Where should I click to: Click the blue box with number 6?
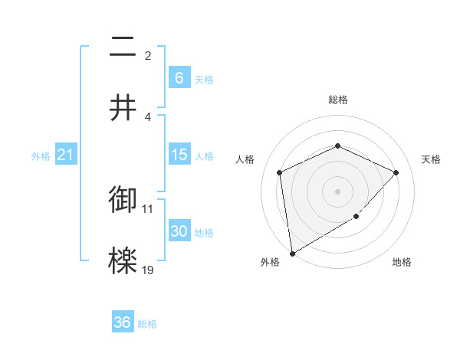point(179,78)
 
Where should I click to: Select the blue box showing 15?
point(179,155)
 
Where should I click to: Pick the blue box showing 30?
point(179,231)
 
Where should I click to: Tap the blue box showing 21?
point(65,155)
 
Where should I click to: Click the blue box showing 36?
point(122,322)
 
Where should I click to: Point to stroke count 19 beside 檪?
point(148,270)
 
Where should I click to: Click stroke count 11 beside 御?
point(148,208)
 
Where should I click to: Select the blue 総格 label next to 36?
point(147,324)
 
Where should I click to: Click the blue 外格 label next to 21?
point(41,155)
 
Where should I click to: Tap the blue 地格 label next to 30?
point(204,232)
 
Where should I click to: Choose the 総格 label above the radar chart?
point(337,100)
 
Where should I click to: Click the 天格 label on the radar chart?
point(431,159)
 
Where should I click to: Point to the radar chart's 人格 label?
point(245,159)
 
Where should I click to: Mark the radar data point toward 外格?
point(291,253)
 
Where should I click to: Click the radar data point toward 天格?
point(396,172)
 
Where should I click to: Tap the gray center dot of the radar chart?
point(337,191)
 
